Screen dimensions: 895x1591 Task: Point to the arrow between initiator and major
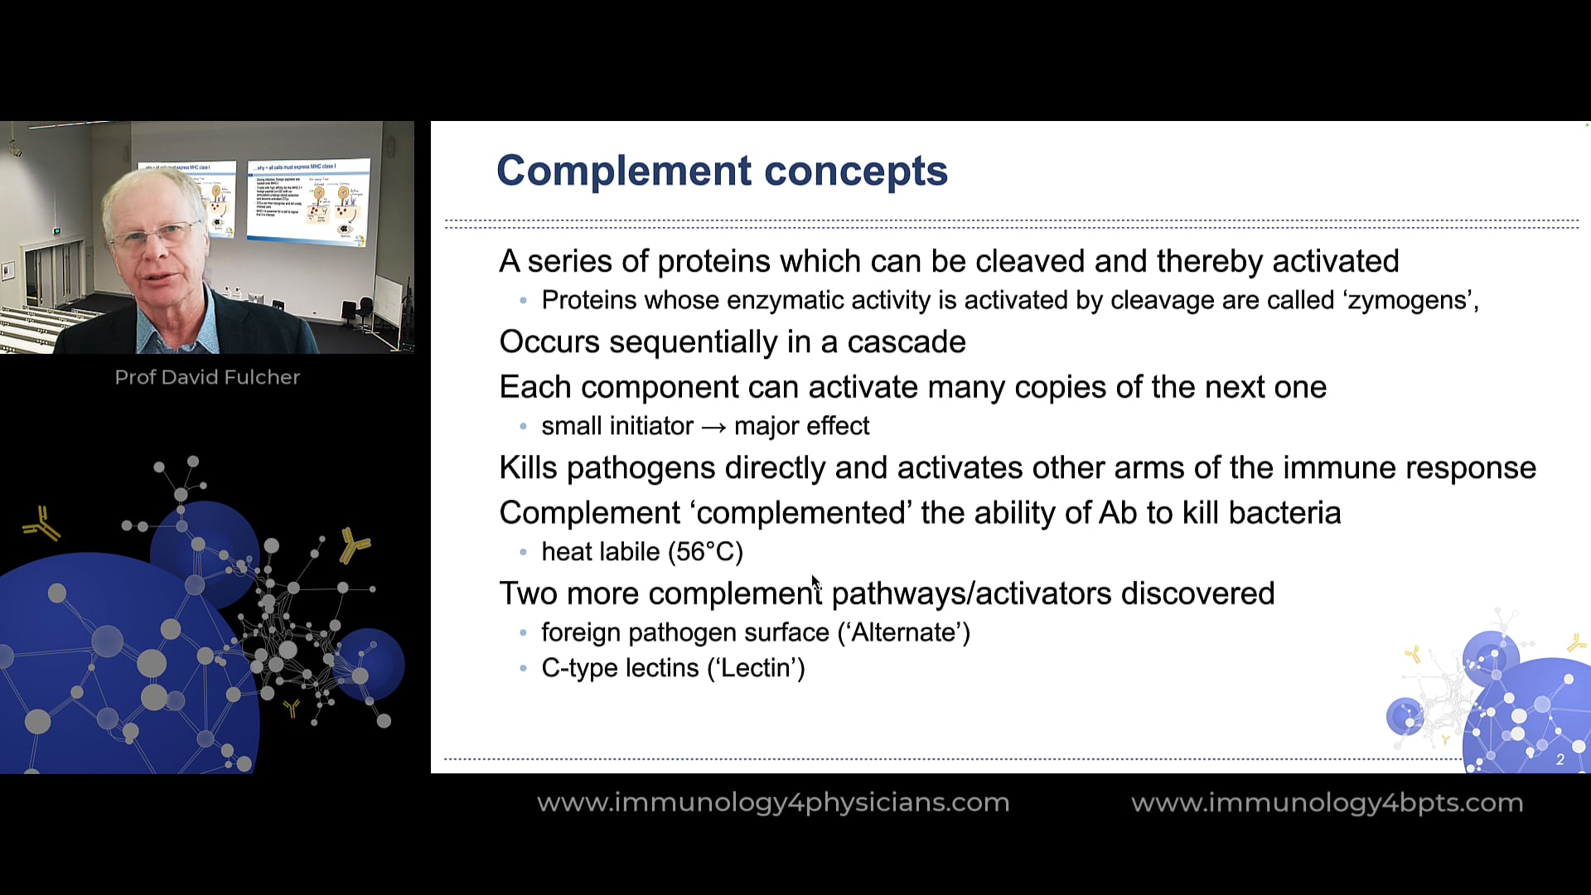tap(713, 427)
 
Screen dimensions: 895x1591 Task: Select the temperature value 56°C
tap(708, 552)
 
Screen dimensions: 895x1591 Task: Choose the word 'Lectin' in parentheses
tap(755, 668)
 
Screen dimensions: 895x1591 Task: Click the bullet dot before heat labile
tap(523, 553)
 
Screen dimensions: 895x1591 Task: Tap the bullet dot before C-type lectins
tap(523, 669)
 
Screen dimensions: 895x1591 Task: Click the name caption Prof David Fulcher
tap(207, 377)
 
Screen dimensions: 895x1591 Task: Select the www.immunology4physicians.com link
tap(772, 802)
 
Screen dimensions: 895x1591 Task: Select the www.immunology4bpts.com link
tap(1327, 802)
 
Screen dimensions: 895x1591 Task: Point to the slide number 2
tap(1560, 759)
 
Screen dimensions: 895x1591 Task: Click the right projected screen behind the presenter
tap(308, 201)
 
